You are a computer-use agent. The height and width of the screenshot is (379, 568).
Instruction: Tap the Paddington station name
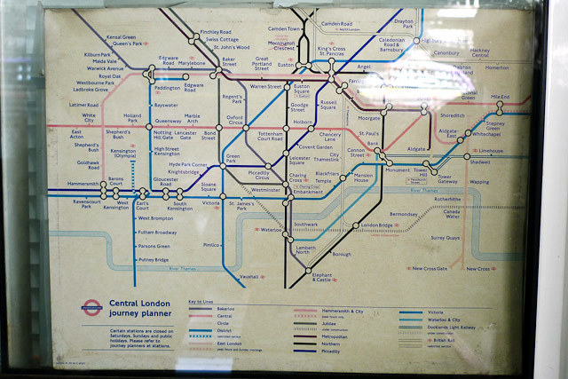pyautogui.click(x=167, y=90)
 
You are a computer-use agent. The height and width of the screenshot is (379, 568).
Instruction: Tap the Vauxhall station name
pyautogui.click(x=248, y=277)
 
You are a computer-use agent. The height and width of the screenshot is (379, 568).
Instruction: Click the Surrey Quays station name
pyautogui.click(x=446, y=238)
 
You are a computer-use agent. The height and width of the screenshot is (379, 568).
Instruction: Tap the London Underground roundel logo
pyautogui.click(x=89, y=310)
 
